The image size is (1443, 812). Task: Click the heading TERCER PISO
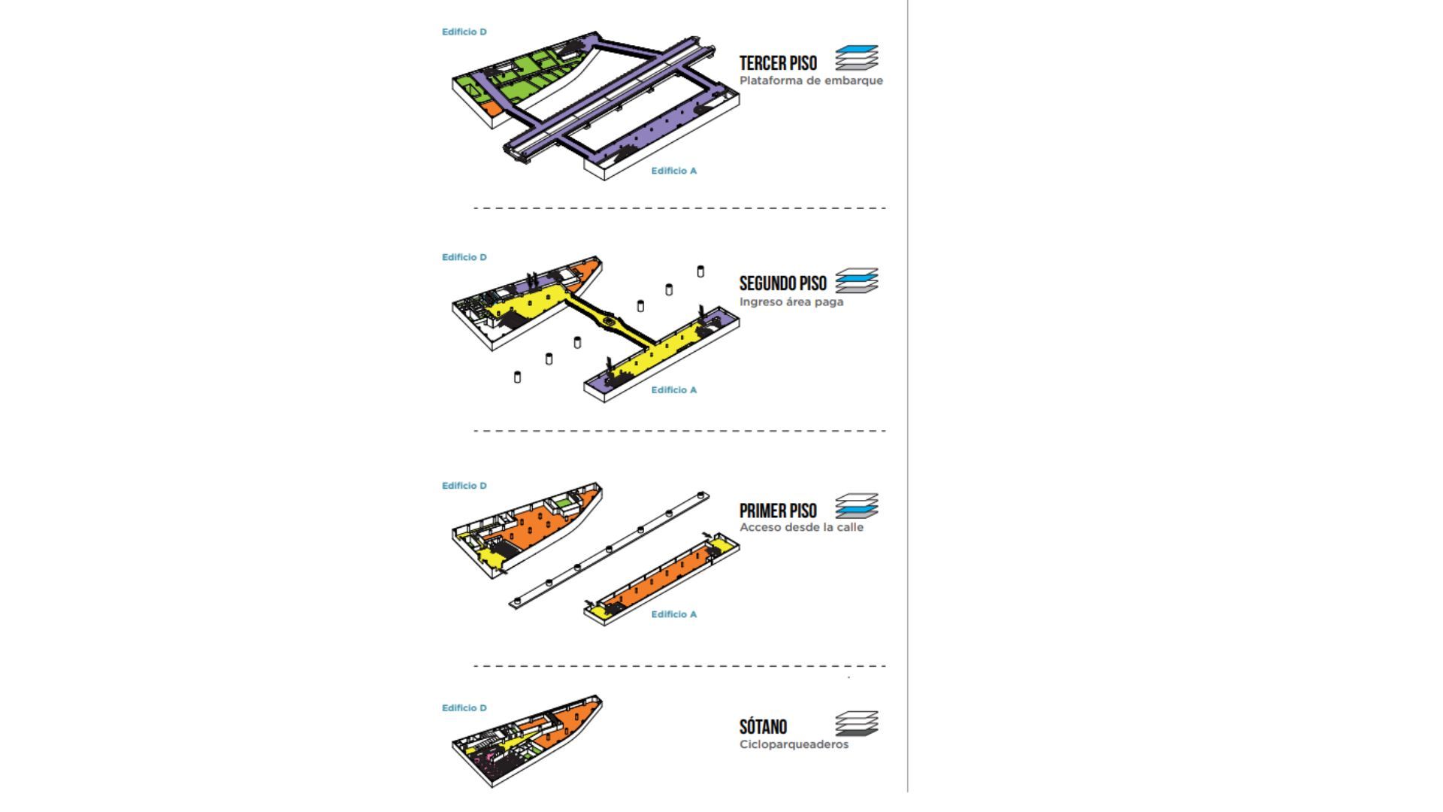pyautogui.click(x=778, y=63)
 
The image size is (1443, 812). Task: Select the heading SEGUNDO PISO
pyautogui.click(x=782, y=283)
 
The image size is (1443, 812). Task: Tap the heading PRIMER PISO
pyautogui.click(x=778, y=511)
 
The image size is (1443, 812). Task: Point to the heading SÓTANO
pyautogui.click(x=763, y=726)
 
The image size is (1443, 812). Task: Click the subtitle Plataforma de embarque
pyautogui.click(x=811, y=80)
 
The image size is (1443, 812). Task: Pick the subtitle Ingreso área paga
pyautogui.click(x=791, y=301)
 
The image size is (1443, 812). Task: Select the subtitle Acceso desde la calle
pyautogui.click(x=801, y=527)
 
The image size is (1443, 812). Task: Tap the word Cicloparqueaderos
pyautogui.click(x=794, y=744)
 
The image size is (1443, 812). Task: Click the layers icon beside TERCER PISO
pyautogui.click(x=857, y=58)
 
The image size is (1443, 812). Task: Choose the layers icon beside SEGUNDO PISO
pyautogui.click(x=857, y=280)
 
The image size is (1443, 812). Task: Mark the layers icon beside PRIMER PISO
pyautogui.click(x=857, y=506)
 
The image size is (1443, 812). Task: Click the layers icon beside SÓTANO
pyautogui.click(x=857, y=724)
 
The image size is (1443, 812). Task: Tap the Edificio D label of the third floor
pyautogui.click(x=464, y=32)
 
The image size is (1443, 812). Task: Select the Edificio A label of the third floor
pyautogui.click(x=674, y=171)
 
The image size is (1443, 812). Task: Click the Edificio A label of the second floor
pyautogui.click(x=674, y=389)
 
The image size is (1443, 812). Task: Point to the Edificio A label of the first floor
pyautogui.click(x=674, y=614)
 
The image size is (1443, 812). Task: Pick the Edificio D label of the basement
pyautogui.click(x=464, y=707)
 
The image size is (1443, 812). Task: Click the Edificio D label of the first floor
pyautogui.click(x=464, y=486)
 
